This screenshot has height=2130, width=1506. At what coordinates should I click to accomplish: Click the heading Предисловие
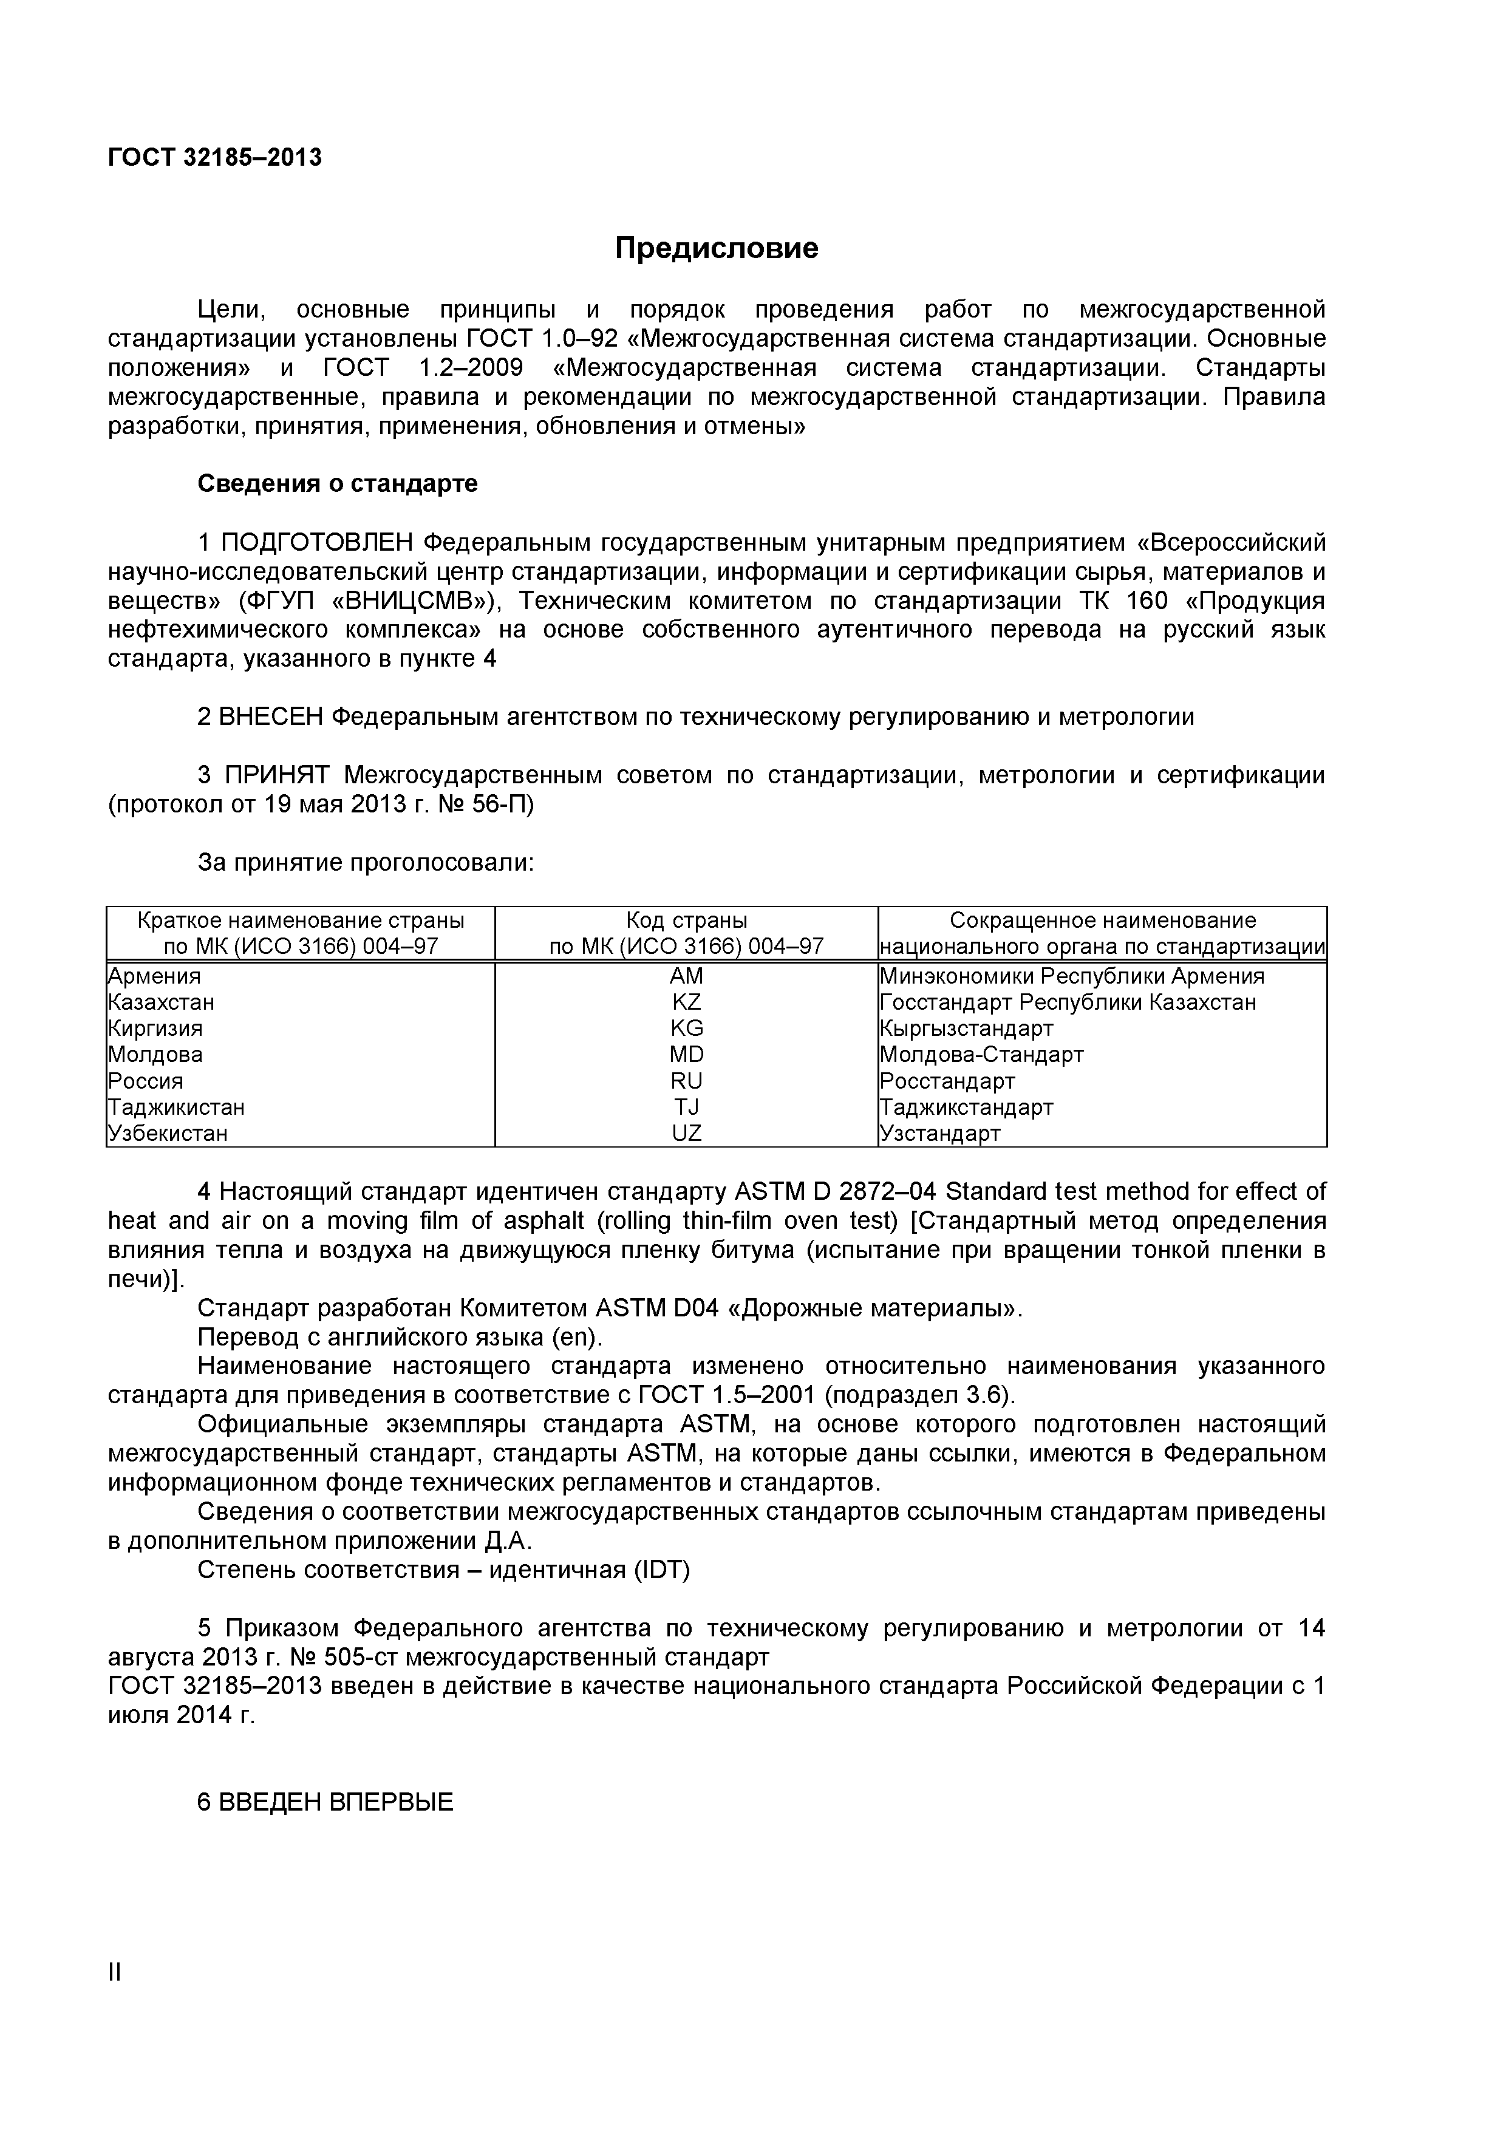(717, 248)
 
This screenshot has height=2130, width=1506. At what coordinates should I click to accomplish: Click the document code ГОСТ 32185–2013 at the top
(216, 158)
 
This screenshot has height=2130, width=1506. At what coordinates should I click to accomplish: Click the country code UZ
(687, 1133)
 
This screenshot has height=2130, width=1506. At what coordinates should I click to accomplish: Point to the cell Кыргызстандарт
(967, 1028)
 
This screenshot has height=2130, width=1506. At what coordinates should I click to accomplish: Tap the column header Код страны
(687, 920)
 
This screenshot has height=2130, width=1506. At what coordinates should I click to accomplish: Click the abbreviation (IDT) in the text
(661, 1570)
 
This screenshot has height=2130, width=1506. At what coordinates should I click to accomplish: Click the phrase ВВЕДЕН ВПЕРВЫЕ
(336, 1803)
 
